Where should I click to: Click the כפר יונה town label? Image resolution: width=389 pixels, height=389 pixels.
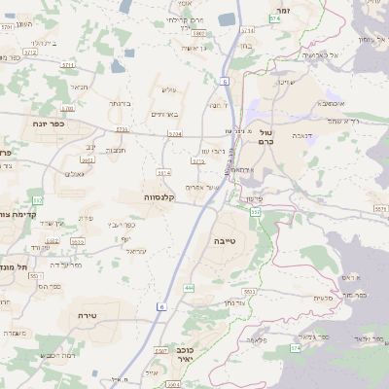(x=42, y=124)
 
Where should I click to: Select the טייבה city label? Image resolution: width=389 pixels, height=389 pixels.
(x=224, y=238)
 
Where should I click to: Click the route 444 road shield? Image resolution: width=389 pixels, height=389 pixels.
(x=189, y=288)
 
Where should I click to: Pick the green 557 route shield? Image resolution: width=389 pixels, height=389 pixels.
(x=256, y=211)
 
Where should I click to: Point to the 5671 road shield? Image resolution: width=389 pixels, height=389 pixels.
(x=380, y=208)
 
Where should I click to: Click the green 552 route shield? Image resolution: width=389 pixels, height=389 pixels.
(x=36, y=199)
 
